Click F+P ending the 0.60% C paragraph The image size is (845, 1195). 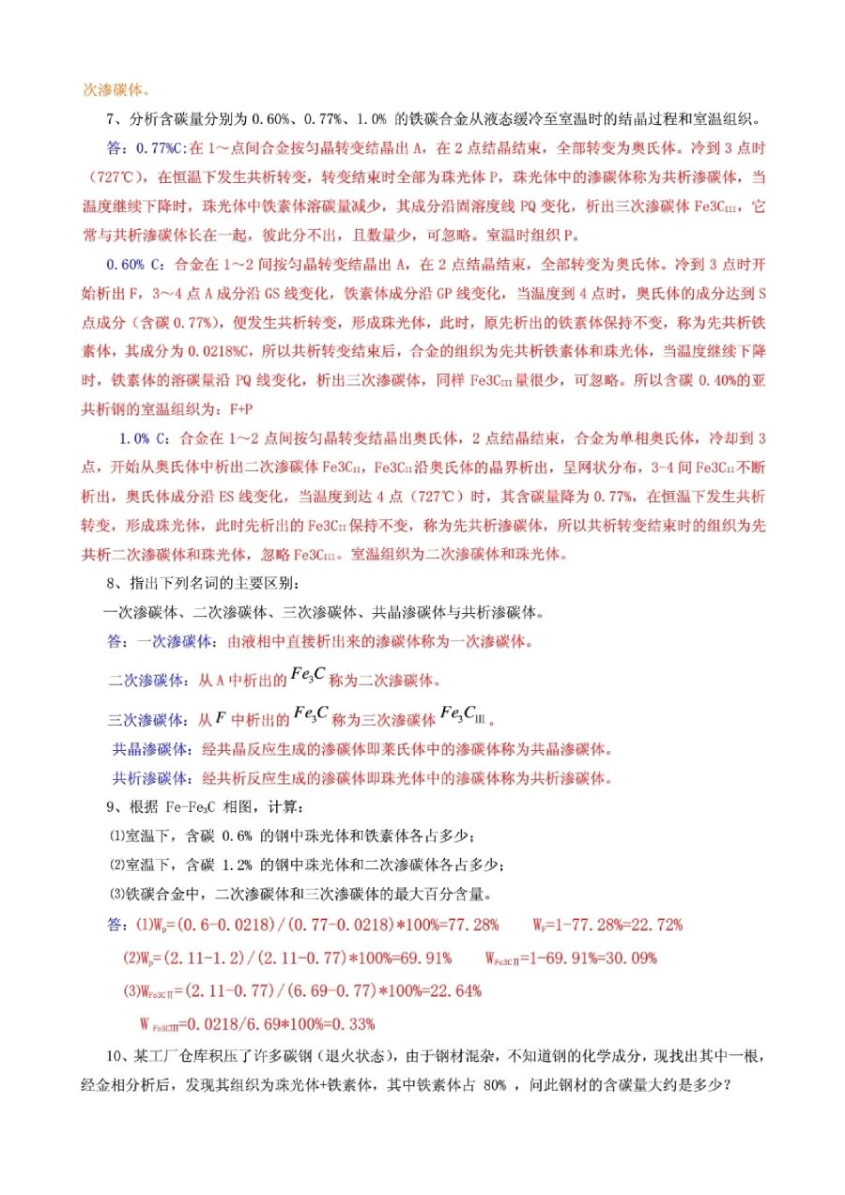click(229, 409)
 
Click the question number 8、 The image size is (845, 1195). click(118, 584)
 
